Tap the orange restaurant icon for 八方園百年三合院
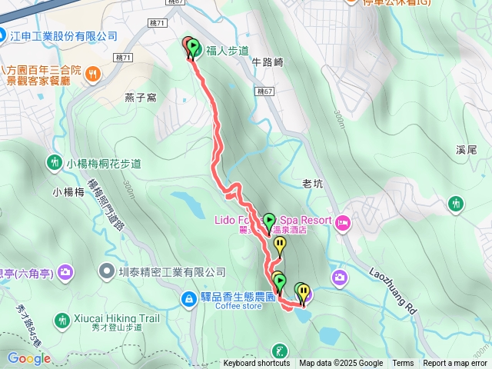(91, 74)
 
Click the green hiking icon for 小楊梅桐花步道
(55, 163)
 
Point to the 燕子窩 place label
(140, 98)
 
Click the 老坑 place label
(313, 184)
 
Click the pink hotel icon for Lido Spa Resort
(343, 223)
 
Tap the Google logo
(28, 358)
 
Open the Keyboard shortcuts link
(257, 364)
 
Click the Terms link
(403, 364)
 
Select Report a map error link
(455, 364)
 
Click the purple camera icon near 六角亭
(65, 271)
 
